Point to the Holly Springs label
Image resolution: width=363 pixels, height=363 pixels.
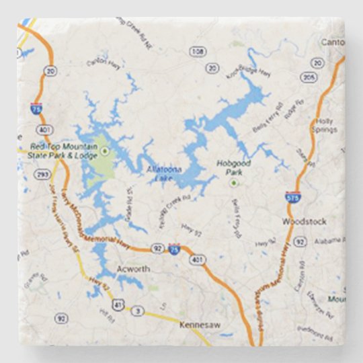[x=324, y=124]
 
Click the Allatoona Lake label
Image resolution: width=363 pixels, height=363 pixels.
[x=165, y=173]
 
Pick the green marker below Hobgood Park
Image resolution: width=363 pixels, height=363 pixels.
[x=233, y=182]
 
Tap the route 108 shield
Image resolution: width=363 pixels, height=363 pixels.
[x=198, y=51]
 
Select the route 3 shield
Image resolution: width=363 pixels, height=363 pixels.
[x=138, y=311]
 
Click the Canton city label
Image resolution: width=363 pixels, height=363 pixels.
[x=333, y=42]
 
